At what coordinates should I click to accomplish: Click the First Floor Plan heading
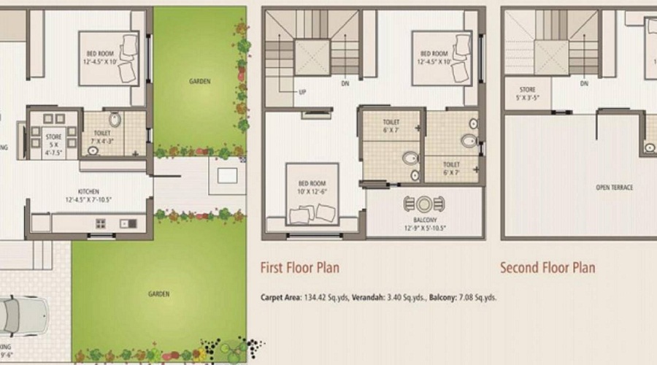pyautogui.click(x=299, y=268)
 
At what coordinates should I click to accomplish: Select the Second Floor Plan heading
pyautogui.click(x=547, y=268)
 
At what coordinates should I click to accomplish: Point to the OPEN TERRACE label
pyautogui.click(x=614, y=188)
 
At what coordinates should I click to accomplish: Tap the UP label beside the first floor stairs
pyautogui.click(x=301, y=93)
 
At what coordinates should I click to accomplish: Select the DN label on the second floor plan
pyautogui.click(x=584, y=84)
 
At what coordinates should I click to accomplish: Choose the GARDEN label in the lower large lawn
pyautogui.click(x=158, y=294)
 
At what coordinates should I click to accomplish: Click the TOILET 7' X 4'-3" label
pyautogui.click(x=102, y=137)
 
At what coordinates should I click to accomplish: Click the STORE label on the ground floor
pyautogui.click(x=54, y=140)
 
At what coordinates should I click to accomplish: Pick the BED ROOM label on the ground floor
pyautogui.click(x=101, y=56)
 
